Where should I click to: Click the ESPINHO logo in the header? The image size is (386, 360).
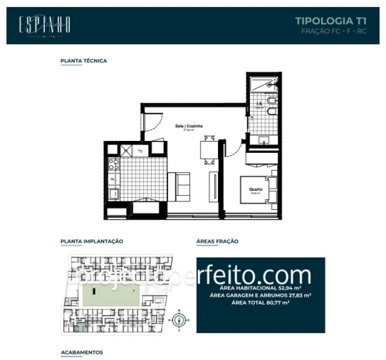pos(44,25)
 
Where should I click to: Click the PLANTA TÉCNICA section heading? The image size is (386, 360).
pos(84,61)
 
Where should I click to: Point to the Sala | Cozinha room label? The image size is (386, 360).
pos(189,127)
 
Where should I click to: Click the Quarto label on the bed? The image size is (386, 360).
pos(255,190)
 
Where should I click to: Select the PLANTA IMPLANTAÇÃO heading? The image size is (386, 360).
pos(93,241)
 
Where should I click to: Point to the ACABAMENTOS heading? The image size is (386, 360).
pos(82,351)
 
